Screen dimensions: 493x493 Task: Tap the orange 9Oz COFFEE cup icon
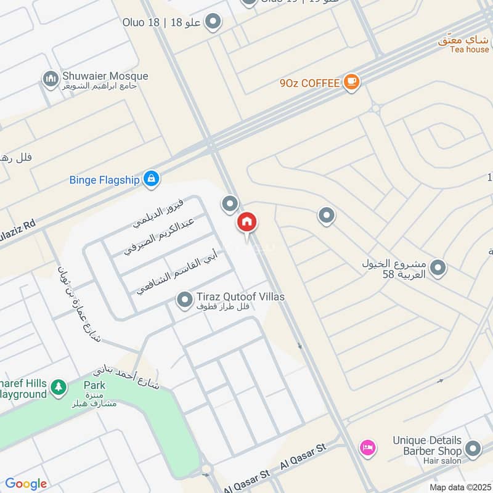tap(351, 82)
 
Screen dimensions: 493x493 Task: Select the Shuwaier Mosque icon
tap(50, 78)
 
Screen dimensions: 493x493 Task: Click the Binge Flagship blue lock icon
tap(150, 179)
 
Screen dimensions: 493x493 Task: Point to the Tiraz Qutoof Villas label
tap(240, 297)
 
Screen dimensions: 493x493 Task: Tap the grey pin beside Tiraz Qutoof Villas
tap(184, 300)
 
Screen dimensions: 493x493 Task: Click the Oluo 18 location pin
tap(213, 23)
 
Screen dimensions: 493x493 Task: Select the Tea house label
tap(469, 49)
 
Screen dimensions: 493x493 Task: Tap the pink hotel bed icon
tap(367, 447)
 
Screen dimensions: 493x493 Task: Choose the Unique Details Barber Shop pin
tap(473, 449)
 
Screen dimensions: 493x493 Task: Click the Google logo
tap(26, 484)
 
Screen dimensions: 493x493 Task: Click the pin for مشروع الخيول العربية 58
tap(438, 268)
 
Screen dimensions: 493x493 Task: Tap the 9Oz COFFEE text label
tap(309, 83)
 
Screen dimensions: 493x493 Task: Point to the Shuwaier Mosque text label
tap(105, 76)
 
